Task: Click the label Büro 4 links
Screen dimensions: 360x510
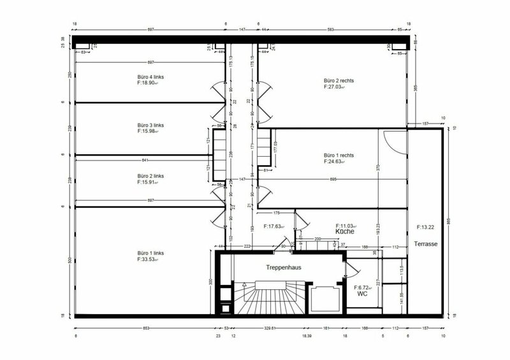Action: (151, 76)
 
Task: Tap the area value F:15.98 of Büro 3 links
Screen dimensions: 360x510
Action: (151, 132)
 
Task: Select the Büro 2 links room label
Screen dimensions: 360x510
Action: (151, 175)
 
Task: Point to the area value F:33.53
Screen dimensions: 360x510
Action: (151, 260)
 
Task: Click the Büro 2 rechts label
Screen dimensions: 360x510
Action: (339, 81)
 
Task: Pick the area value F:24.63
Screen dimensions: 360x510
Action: (339, 162)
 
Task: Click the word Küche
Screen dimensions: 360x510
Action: (345, 233)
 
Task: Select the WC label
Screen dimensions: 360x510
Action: (361, 294)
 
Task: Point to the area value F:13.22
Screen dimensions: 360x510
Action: (425, 227)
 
